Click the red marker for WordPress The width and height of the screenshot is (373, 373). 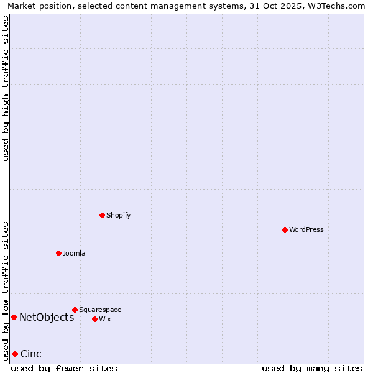pos(285,229)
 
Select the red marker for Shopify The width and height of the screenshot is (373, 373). pos(102,215)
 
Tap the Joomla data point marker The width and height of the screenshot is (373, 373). pos(58,253)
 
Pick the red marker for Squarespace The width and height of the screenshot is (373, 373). pos(75,310)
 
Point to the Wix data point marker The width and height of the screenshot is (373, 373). pos(94,319)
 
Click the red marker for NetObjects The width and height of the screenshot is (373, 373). pos(14,317)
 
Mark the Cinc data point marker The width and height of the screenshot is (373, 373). pos(15,354)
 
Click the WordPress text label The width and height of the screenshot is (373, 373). pos(306,229)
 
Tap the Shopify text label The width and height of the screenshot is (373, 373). pos(118,215)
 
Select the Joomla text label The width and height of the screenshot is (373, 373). pos(74,253)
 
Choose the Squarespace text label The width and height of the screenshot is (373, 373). pos(100,310)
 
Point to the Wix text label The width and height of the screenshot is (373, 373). pos(105,319)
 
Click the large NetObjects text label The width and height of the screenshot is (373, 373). pos(47,318)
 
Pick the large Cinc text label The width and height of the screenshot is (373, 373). pos(31,354)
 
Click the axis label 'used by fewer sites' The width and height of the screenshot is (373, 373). pos(64,369)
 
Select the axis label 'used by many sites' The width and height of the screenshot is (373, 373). pos(312,369)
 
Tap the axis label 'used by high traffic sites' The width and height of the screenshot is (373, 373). pos(6,88)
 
